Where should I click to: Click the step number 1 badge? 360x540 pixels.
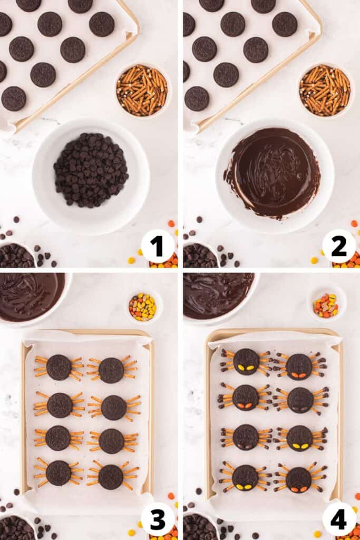pos(157,246)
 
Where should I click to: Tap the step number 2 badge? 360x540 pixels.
pos(338,246)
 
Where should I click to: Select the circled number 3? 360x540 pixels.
pos(157,519)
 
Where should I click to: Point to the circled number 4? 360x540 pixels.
pos(338,519)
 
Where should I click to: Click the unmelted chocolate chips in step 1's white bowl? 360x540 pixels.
pos(91,170)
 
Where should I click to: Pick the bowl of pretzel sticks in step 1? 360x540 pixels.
pos(142,90)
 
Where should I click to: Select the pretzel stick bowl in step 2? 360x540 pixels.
pos(325,90)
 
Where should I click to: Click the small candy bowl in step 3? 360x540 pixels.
pos(142,306)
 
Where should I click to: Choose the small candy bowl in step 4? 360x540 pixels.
pos(326,304)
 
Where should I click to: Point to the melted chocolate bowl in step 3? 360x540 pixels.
pos(29,296)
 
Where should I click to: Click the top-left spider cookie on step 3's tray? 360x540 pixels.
pos(59,368)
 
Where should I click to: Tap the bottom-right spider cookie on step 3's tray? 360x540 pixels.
pos(111,477)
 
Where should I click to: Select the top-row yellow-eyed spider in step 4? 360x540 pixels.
pos(246,362)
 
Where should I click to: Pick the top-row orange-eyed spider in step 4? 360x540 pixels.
pos(299,367)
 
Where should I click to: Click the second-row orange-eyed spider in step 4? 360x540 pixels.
pos(246,398)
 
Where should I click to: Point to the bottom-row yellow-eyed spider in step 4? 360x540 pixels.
pos(245,477)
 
